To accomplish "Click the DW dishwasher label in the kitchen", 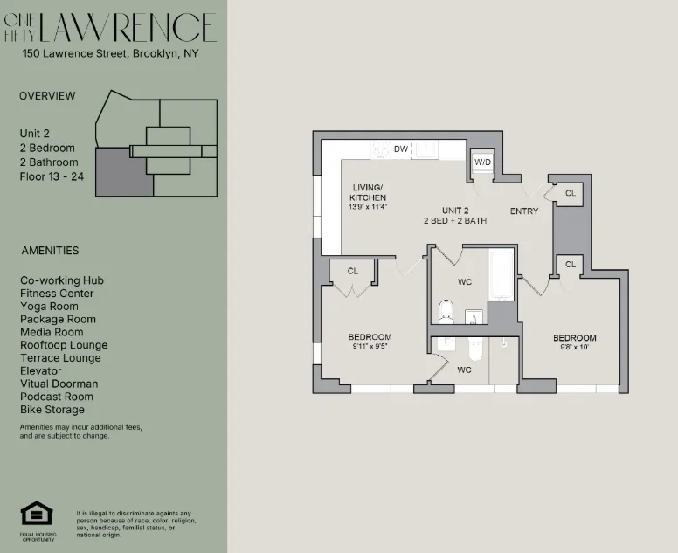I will tap(401, 149).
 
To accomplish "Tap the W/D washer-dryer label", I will tap(482, 163).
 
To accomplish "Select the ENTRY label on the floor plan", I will tap(524, 211).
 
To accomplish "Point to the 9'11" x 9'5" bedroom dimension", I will tap(369, 347).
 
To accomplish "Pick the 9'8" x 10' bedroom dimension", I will tap(574, 348).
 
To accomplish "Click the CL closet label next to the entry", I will tap(570, 193).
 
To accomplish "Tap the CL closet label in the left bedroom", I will tap(353, 272).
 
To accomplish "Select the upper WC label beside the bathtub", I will tap(465, 282).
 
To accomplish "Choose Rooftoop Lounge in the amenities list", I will tap(64, 345).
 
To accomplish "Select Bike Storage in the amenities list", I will tap(52, 410).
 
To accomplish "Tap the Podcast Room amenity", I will tap(57, 397).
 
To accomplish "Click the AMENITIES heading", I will tap(50, 251).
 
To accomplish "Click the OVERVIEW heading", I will tap(47, 96).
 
